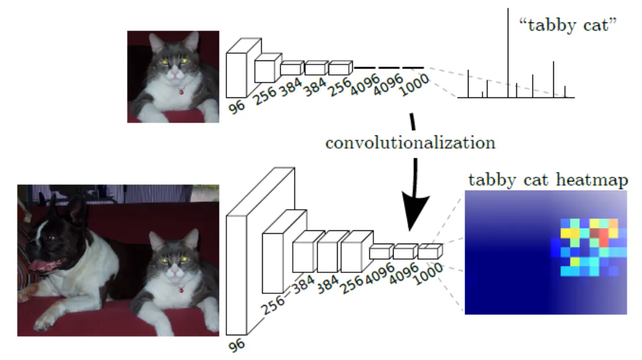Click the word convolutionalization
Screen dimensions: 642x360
click(x=410, y=142)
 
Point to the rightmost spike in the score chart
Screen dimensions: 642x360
click(x=565, y=92)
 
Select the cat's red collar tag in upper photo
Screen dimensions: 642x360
click(x=181, y=90)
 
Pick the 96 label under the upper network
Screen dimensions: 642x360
click(x=236, y=107)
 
